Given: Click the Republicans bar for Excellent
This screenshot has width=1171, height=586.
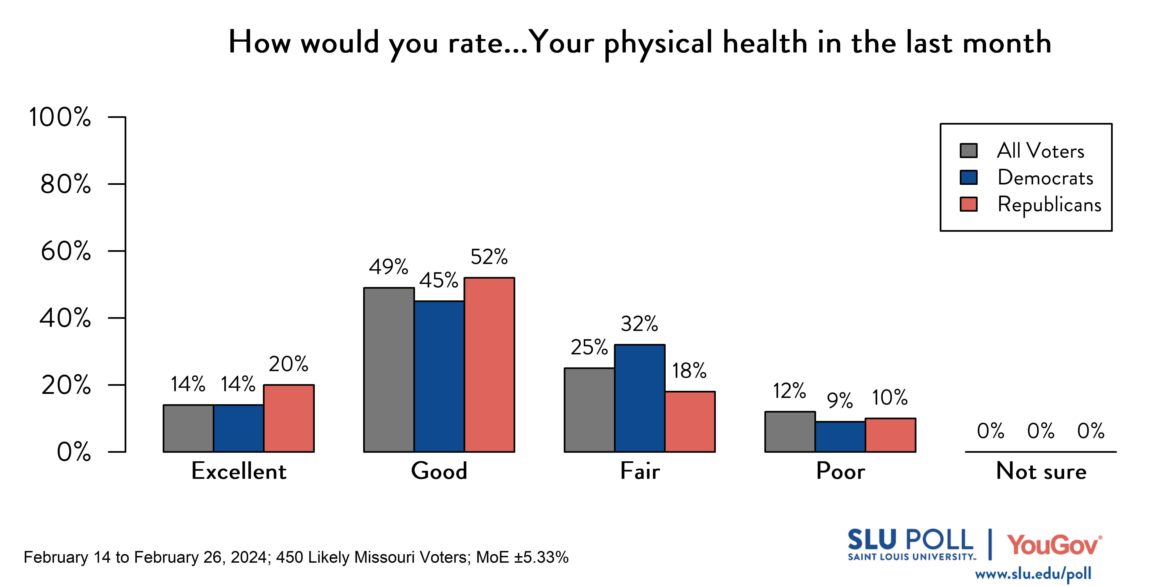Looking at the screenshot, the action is point(289,418).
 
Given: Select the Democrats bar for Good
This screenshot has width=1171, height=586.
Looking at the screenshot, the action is point(439,376).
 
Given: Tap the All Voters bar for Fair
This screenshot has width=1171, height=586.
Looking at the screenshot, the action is point(589,410).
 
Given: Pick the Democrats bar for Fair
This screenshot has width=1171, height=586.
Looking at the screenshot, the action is point(640,398).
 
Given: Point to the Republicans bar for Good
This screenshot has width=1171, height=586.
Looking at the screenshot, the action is point(489,364).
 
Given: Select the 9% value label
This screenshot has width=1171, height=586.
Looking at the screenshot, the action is point(840,400).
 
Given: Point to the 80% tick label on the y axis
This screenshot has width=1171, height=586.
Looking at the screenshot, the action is point(66,184).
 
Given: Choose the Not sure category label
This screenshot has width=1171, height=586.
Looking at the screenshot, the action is point(1041,471).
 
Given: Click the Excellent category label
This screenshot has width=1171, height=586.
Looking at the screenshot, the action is point(239,471).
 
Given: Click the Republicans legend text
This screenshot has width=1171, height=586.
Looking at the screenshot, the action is point(1049,205).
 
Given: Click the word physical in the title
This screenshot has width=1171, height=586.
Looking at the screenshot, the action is point(658,43).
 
